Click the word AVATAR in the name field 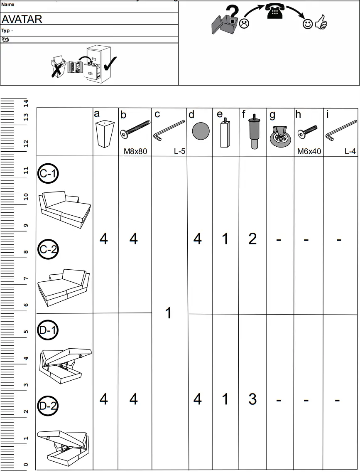click(x=22, y=19)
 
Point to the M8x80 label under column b click(x=135, y=152)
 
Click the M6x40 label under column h click(x=309, y=152)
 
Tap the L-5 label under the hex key click(x=179, y=152)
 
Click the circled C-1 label click(x=48, y=174)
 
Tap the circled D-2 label click(x=48, y=406)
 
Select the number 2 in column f click(x=252, y=239)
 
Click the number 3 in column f click(x=252, y=399)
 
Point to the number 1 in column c click(x=169, y=313)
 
